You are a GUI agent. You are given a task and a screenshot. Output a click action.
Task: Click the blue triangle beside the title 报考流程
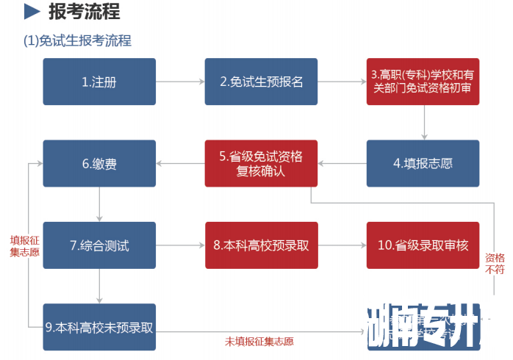point(32,12)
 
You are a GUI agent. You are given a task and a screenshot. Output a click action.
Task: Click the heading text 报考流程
point(84,12)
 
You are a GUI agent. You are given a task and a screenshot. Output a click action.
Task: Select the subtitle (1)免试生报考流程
point(78,40)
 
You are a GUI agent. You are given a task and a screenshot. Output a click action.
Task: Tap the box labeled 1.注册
point(99,82)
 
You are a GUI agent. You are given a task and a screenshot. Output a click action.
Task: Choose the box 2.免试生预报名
point(261,82)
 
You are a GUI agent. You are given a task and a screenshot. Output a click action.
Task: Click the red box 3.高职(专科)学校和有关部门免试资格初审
point(423,82)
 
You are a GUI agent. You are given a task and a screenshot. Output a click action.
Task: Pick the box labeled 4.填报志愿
point(423,163)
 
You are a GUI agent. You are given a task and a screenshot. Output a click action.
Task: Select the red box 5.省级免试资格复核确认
point(261,163)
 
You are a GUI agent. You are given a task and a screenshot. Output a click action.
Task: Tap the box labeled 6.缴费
point(99,163)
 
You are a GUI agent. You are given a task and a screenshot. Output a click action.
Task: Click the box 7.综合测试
point(99,245)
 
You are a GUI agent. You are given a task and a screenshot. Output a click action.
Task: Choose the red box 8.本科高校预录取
point(261,245)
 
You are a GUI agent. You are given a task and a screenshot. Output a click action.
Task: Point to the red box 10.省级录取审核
point(423,245)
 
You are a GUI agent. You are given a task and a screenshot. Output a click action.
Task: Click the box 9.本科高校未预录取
point(99,327)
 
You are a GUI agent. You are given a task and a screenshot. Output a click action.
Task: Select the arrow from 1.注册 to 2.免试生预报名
point(180,82)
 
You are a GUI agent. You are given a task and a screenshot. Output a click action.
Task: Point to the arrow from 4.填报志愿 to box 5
point(342,163)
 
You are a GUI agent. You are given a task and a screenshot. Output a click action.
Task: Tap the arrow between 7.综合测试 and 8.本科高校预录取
point(180,245)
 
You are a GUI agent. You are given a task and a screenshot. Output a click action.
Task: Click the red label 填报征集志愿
point(24,245)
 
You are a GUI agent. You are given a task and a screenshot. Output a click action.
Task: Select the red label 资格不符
point(494,264)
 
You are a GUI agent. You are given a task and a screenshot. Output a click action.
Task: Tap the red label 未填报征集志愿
point(259,341)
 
